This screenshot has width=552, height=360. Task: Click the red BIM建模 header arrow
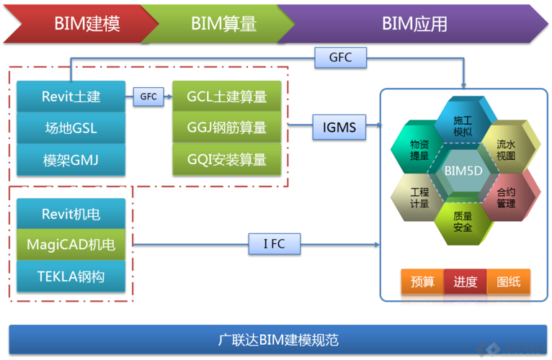tap(79, 23)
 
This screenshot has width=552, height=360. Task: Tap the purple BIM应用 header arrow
tap(414, 23)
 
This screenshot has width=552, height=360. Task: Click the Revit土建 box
tap(71, 96)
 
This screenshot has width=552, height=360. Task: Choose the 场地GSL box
tap(71, 128)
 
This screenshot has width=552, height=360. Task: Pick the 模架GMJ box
tap(71, 160)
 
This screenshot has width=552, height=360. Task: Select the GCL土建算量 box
tap(226, 96)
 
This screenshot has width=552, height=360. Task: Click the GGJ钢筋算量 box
tap(226, 127)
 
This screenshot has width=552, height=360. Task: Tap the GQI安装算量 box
tap(226, 159)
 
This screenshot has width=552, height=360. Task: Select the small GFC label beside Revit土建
tap(148, 96)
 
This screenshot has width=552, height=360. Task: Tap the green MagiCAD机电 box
tap(71, 245)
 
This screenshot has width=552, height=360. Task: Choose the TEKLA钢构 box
tap(71, 276)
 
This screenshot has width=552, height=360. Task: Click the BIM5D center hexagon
tap(463, 171)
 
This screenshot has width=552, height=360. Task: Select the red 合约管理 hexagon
tap(507, 197)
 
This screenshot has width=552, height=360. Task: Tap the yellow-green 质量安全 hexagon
tap(463, 222)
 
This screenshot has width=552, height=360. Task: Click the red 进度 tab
tap(466, 282)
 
